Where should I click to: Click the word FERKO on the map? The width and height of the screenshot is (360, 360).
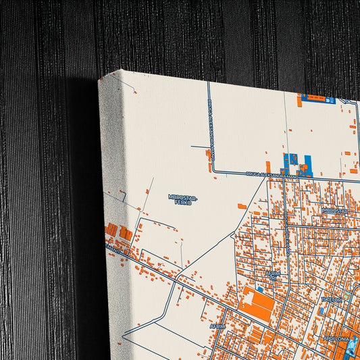coord(182,202)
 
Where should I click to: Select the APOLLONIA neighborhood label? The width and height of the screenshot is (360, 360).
coord(337,337)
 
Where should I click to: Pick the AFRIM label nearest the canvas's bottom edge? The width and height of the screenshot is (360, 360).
coord(217,326)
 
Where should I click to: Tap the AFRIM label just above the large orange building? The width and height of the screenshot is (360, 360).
coord(273,274)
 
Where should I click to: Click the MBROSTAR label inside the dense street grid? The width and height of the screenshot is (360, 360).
coord(334,210)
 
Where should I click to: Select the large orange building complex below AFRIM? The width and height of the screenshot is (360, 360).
coord(256,303)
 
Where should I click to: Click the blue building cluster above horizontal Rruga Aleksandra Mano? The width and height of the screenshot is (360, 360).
coord(297,163)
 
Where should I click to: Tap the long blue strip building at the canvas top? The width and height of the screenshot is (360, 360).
coord(317,99)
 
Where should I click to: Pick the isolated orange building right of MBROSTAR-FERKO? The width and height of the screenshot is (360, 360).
coord(242,206)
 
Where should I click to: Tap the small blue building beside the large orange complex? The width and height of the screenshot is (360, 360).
coord(260,289)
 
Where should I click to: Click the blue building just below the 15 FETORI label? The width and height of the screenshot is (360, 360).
coord(324,310)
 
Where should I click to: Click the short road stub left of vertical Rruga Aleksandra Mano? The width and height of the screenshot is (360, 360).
coord(200,147)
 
